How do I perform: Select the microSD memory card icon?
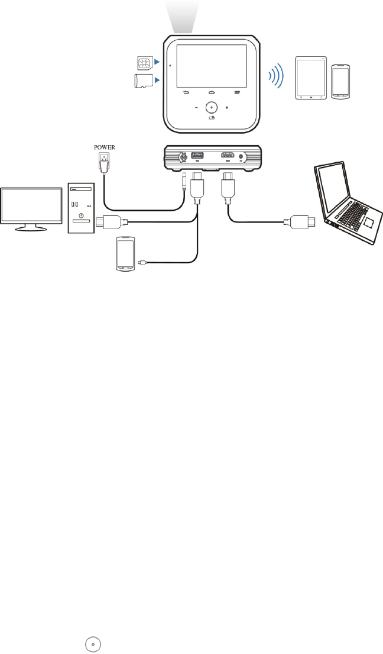coord(142,82)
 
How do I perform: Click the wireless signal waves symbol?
coord(275,76)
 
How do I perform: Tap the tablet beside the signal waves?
coord(310,77)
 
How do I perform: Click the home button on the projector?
coord(212,92)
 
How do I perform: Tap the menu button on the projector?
coord(238,92)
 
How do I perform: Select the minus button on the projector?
coord(196,108)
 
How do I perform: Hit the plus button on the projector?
coord(227,108)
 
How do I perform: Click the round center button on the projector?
coord(212,108)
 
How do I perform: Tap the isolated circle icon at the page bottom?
coord(93,644)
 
